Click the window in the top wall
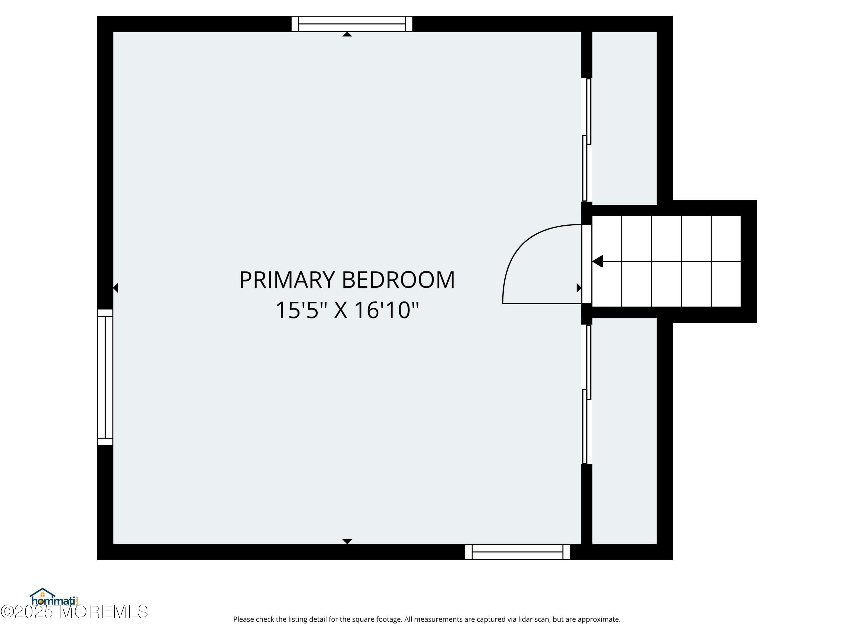352,24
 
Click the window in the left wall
105,377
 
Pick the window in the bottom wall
517,552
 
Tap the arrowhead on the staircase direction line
597,262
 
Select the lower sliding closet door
587,394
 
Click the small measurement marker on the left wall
116,288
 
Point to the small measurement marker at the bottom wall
347,541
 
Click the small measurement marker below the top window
347,34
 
